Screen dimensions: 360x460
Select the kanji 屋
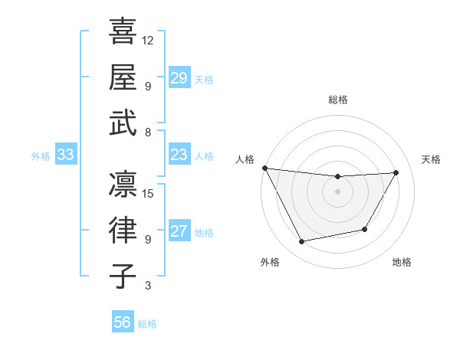pos(123,77)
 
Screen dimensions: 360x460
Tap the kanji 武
pos(123,123)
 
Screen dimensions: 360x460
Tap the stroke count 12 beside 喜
pos(149,40)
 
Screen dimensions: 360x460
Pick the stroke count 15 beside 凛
pos(149,193)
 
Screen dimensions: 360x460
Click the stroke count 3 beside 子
pos(148,286)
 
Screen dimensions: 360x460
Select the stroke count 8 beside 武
pos(148,133)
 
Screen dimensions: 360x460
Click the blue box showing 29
pos(179,78)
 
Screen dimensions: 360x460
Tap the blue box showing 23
pos(179,155)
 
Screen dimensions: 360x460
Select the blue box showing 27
pos(179,232)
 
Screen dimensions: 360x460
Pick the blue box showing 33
pos(65,155)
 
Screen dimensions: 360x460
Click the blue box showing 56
pos(123,322)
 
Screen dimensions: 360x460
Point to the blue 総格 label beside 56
pos(147,324)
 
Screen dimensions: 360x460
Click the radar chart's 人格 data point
pos(264,168)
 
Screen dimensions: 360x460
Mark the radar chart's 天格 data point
pos(396,172)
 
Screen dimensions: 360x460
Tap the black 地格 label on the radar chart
pos(402,262)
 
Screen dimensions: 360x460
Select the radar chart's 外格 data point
pos(302,242)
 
